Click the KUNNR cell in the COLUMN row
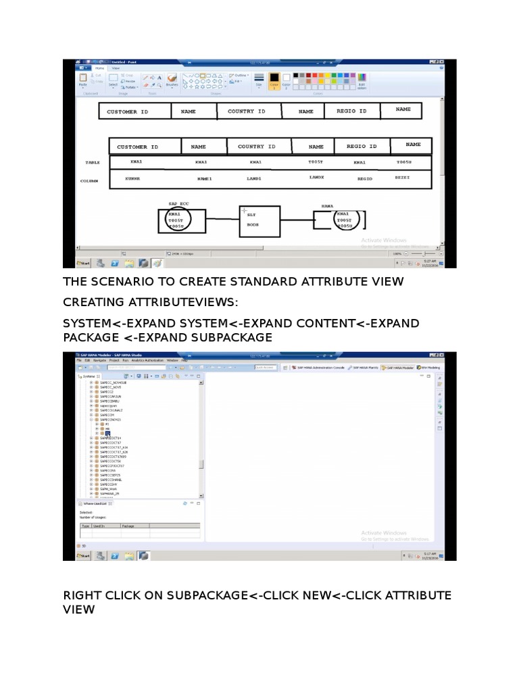[132, 178]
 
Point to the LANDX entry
[317, 177]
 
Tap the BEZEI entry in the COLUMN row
[402, 176]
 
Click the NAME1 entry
[204, 178]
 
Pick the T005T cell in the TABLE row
[316, 162]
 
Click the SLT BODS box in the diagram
[259, 220]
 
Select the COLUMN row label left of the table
[89, 181]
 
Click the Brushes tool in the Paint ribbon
[172, 80]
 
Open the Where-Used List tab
[93, 503]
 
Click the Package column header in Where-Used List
[128, 525]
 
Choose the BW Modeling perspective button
[428, 368]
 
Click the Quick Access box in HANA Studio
[265, 368]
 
